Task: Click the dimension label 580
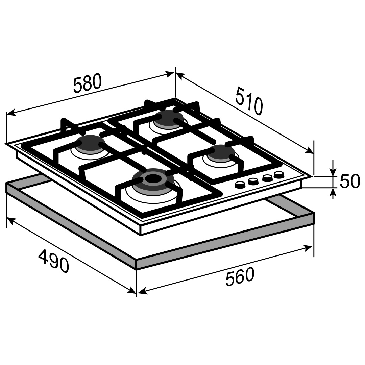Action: pos(87,83)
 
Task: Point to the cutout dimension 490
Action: pos(54,261)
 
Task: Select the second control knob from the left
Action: pos(253,181)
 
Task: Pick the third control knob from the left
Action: pos(267,178)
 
